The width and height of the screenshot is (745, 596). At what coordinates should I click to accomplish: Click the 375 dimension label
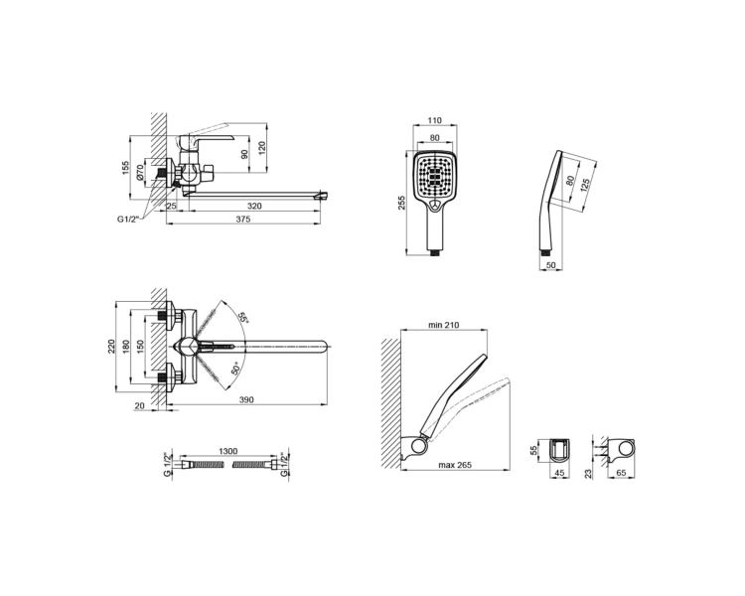(242, 220)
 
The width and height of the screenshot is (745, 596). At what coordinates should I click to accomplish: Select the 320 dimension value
(254, 207)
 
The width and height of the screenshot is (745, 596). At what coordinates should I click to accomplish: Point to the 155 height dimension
(126, 168)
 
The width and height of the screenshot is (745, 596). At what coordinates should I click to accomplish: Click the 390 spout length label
(246, 400)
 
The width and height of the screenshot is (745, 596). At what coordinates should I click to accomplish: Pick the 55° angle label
(243, 318)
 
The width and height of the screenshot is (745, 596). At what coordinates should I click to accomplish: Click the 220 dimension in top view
(111, 347)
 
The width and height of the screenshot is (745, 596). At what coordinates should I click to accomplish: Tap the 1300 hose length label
(227, 451)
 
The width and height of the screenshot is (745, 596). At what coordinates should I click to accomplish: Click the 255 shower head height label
(402, 203)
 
